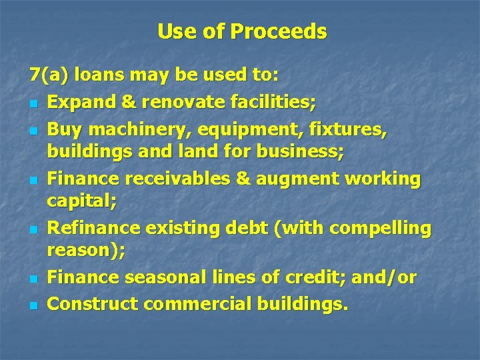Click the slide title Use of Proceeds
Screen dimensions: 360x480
click(242, 31)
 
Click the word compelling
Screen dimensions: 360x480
click(381, 228)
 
